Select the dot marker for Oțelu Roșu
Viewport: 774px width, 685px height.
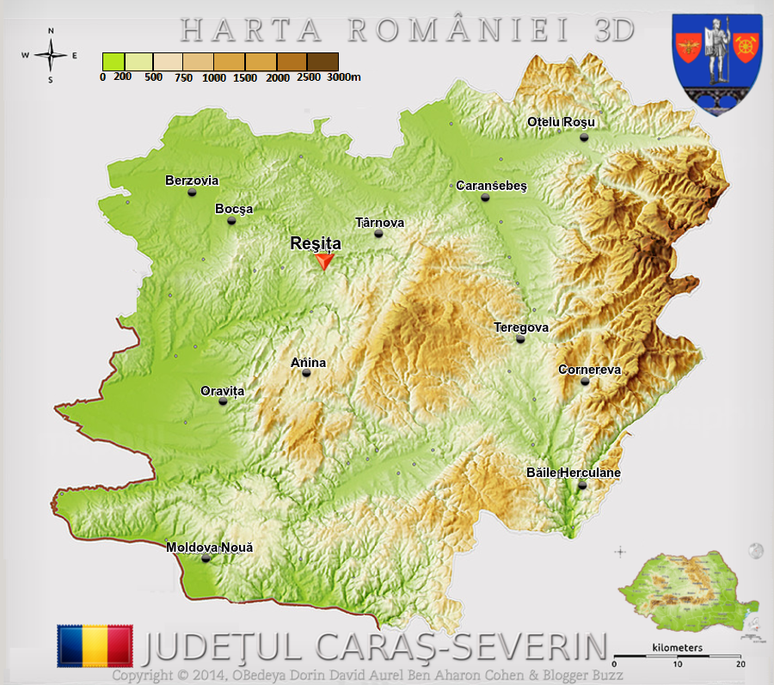tap(584, 137)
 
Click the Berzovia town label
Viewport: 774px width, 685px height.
tap(192, 180)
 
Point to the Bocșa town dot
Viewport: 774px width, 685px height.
tap(231, 221)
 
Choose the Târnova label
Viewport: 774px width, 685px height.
tap(379, 223)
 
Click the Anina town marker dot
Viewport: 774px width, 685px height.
tap(306, 373)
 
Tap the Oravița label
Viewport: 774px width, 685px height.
tap(223, 391)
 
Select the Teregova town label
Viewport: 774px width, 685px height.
tap(521, 327)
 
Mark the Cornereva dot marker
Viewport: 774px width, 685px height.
tap(585, 381)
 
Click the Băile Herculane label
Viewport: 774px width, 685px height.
tap(573, 473)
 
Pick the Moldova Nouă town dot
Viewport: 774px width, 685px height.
tap(205, 559)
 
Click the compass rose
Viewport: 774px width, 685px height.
tap(51, 56)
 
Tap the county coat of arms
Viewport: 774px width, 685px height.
tap(704, 62)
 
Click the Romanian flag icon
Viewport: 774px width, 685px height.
tap(95, 645)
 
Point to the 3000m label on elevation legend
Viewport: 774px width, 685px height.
tap(344, 77)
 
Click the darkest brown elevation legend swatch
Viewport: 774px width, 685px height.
tap(322, 61)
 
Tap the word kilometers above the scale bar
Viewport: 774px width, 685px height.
tap(678, 647)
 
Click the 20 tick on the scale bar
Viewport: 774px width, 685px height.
tap(740, 664)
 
